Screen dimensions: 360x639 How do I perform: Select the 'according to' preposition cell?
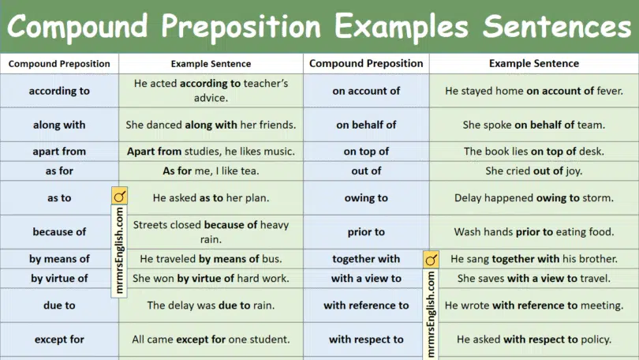59,91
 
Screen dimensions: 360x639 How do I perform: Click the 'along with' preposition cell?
59,125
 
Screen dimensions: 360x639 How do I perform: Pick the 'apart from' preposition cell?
59,151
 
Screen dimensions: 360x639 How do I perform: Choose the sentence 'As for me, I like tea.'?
210,171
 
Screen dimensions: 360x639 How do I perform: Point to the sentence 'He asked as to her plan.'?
210,198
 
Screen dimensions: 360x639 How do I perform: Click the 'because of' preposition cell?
59,231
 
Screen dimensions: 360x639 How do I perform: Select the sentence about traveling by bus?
210,258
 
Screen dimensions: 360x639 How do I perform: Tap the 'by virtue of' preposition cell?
59,278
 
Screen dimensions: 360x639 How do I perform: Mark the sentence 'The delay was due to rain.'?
210,305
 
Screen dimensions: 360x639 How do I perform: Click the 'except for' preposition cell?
59,339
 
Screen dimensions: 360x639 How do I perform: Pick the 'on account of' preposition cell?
366,91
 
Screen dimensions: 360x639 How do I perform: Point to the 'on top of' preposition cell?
366,151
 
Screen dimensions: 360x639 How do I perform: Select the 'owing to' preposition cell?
366,198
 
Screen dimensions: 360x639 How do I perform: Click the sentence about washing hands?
533,232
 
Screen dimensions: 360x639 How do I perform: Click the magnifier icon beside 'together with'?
431,259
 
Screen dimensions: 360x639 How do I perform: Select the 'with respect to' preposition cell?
366,339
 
